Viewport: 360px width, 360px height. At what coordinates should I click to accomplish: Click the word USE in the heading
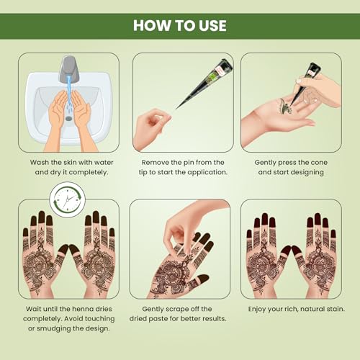tap(212, 25)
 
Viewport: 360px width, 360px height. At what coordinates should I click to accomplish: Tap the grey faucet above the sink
tap(69, 68)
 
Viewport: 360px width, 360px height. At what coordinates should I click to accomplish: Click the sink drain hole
tap(69, 118)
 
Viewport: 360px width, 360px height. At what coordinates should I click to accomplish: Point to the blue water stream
tap(69, 94)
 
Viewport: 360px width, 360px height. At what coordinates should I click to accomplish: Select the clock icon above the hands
tap(68, 199)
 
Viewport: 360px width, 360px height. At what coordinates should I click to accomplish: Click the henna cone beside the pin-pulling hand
tap(205, 83)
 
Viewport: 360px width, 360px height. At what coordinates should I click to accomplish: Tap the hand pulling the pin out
tap(151, 130)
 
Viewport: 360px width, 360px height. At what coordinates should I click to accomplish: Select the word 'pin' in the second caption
tap(189, 163)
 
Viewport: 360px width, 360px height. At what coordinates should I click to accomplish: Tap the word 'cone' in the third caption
tap(319, 163)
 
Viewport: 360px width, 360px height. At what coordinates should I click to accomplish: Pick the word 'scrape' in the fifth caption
tap(178, 310)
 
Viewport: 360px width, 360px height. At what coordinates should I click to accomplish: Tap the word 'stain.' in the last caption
tap(336, 309)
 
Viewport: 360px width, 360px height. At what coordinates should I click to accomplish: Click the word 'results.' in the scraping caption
tap(215, 319)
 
